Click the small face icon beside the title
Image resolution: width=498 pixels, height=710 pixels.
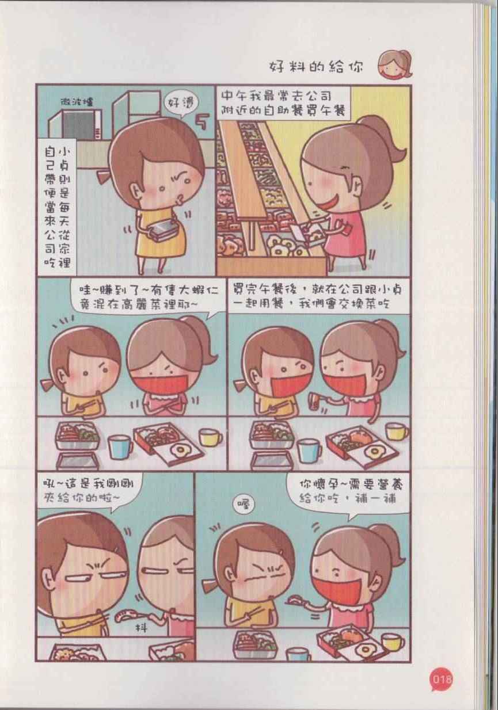click(x=395, y=64)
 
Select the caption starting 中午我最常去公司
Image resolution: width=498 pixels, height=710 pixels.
click(x=284, y=104)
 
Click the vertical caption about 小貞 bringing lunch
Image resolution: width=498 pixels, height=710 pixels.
click(x=58, y=208)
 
